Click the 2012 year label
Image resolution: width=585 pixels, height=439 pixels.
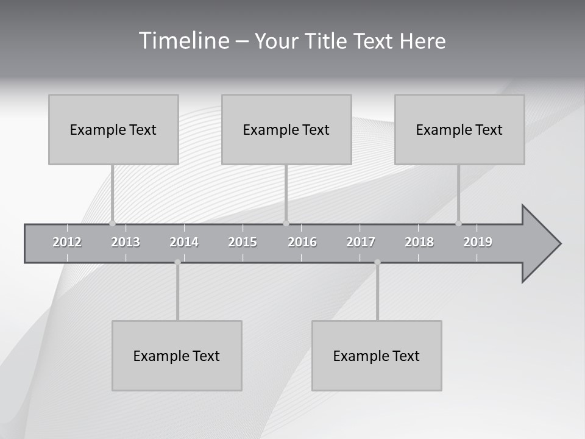(67, 243)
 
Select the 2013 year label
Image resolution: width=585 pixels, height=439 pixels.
(126, 243)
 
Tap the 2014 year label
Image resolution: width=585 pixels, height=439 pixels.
(184, 243)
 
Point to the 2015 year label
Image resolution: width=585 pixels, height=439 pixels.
(243, 243)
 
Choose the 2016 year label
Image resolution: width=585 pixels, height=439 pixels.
(302, 243)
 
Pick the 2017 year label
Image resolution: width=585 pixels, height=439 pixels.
(361, 243)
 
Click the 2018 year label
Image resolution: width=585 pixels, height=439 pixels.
(419, 243)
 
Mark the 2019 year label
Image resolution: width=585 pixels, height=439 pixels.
(478, 243)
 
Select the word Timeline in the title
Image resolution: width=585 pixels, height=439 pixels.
(183, 41)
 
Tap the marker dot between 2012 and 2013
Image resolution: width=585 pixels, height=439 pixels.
(112, 223)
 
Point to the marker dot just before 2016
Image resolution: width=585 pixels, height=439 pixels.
(286, 223)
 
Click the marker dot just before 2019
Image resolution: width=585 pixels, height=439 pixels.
(458, 223)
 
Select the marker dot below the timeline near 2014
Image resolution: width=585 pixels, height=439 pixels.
(177, 262)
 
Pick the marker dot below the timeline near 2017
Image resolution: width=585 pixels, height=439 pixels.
(377, 262)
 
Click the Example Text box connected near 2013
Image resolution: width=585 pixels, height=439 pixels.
(113, 129)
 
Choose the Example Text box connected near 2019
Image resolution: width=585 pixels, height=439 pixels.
(459, 129)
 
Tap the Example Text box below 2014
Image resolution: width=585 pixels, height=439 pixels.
(177, 355)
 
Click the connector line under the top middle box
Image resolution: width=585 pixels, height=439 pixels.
(286, 192)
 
